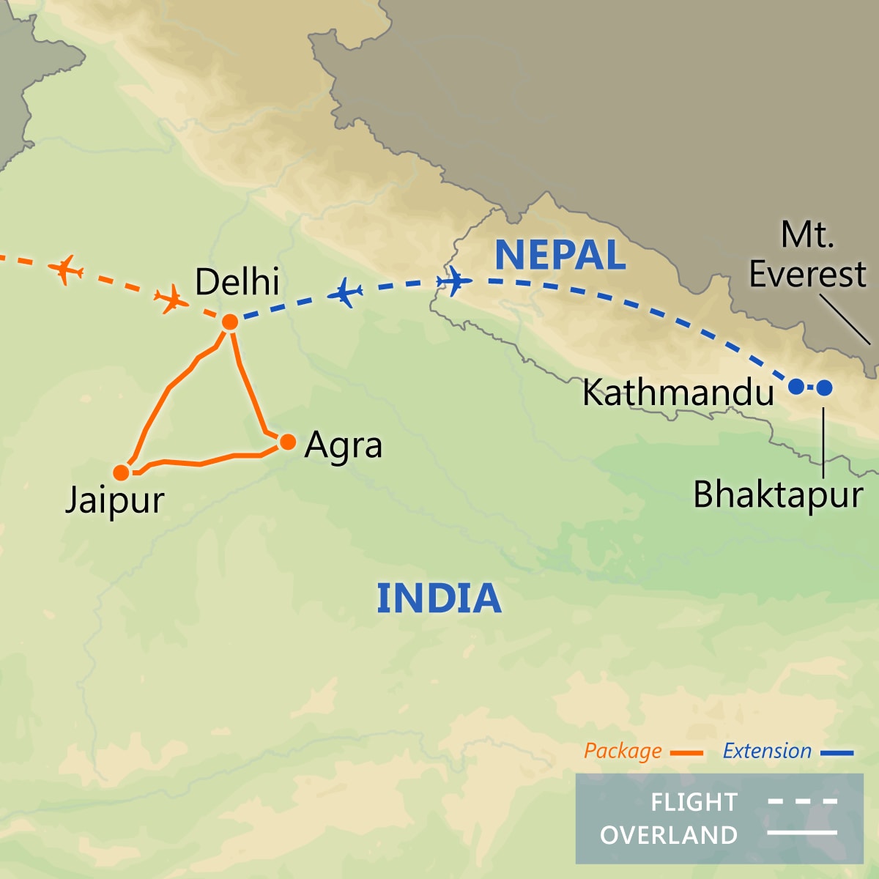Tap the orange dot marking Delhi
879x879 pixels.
click(x=230, y=322)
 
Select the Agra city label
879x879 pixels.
click(x=344, y=445)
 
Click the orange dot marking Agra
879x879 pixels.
click(x=288, y=442)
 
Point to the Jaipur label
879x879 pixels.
click(x=115, y=501)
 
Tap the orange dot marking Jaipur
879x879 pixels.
click(x=122, y=472)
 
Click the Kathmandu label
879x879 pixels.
click(x=678, y=393)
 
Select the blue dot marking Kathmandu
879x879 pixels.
click(x=795, y=387)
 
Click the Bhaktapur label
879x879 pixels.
click(x=778, y=495)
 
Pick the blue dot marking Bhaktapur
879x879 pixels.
click(x=824, y=387)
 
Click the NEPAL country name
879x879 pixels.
click(x=560, y=255)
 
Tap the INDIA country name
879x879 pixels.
click(x=439, y=598)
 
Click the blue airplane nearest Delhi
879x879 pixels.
click(x=345, y=293)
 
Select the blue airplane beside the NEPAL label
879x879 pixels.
click(x=454, y=281)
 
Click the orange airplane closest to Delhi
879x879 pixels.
click(x=170, y=298)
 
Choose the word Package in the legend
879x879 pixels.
click(x=623, y=752)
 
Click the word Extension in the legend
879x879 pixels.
click(x=767, y=752)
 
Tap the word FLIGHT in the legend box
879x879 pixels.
click(x=694, y=802)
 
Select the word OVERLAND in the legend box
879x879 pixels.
click(x=669, y=835)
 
